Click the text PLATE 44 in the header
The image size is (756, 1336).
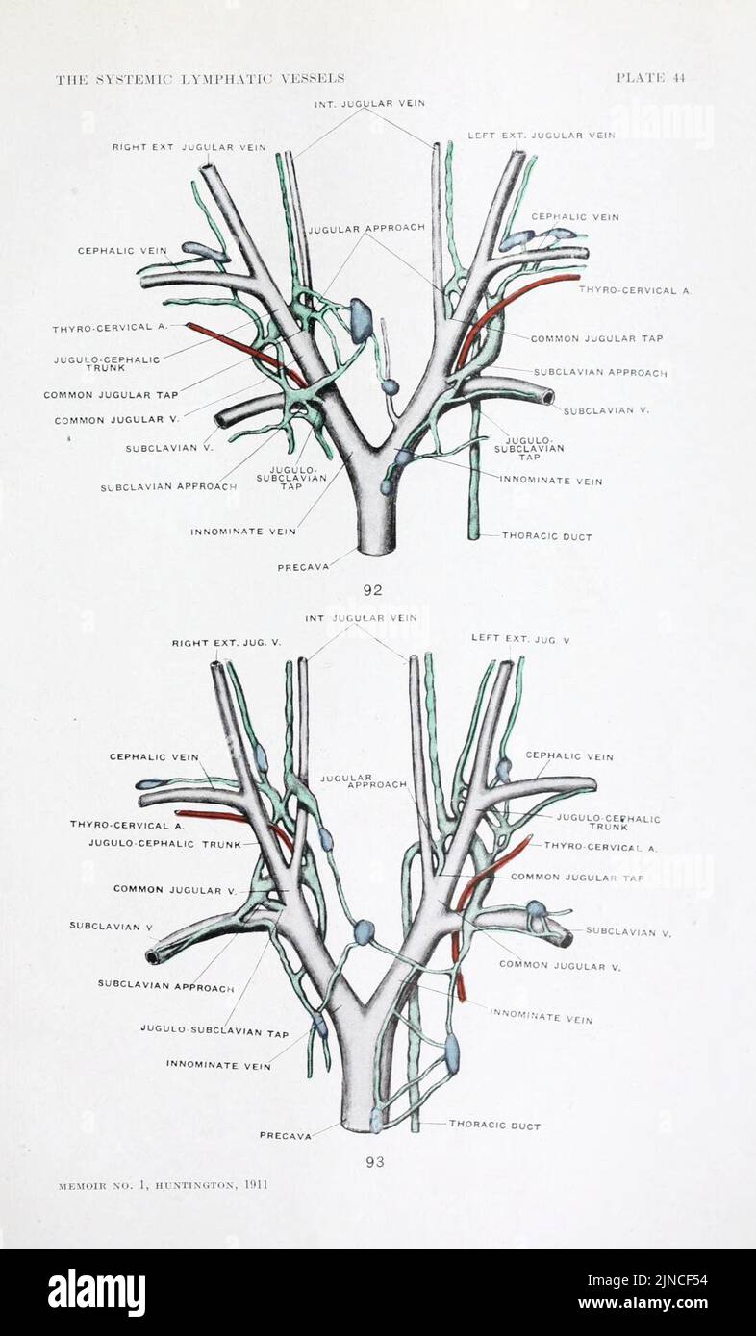click(x=650, y=78)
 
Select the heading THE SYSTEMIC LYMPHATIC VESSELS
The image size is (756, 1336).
click(x=200, y=79)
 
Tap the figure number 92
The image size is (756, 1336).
click(x=373, y=590)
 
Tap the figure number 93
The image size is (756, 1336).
click(x=375, y=1162)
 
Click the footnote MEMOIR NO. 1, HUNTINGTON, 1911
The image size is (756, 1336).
click(x=161, y=1185)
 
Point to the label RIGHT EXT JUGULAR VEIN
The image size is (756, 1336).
click(x=189, y=147)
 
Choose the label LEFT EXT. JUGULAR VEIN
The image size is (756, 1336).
click(x=541, y=136)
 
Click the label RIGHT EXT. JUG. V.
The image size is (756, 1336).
click(x=226, y=642)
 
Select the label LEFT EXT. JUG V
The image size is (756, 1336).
click(x=520, y=638)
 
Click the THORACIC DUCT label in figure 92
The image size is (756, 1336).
click(x=546, y=536)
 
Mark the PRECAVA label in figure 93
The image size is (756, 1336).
click(x=285, y=1135)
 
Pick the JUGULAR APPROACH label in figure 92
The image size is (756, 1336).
click(x=366, y=228)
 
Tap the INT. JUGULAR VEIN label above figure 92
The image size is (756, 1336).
click(x=369, y=103)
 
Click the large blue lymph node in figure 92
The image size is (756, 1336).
click(x=361, y=320)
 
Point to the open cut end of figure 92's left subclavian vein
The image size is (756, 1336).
click(x=547, y=396)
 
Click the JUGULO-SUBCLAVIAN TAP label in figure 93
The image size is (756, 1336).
click(x=214, y=1032)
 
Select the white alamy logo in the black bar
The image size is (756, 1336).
click(x=96, y=1292)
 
